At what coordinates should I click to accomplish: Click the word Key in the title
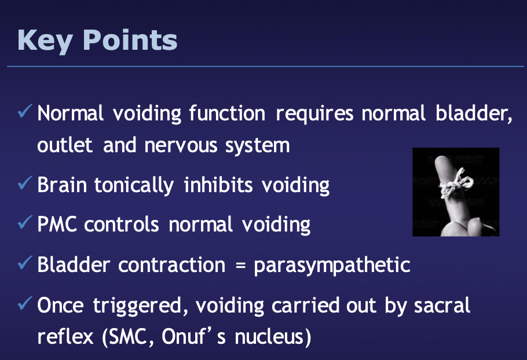tap(45, 41)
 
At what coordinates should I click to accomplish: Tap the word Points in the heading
tap(130, 40)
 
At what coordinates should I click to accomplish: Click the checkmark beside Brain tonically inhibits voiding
tap(25, 183)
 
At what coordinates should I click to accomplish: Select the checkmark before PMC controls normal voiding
tap(25, 223)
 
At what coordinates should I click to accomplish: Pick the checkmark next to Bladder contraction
tap(25, 263)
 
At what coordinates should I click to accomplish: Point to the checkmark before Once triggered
tap(25, 303)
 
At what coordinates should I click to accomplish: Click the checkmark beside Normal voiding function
tap(25, 112)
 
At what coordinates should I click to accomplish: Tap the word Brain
tap(62, 185)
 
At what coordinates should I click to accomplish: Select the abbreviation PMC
tap(57, 224)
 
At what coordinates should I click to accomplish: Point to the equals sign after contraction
tap(240, 265)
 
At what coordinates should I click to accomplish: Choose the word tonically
tap(134, 186)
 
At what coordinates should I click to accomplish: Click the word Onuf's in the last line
tap(193, 336)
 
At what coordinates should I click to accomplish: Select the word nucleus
tap(269, 336)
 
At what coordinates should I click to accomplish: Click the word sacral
tap(442, 305)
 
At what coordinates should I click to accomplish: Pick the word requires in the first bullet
tap(314, 114)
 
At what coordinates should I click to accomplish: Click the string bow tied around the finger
tap(456, 183)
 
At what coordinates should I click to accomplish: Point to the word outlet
tap(65, 145)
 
